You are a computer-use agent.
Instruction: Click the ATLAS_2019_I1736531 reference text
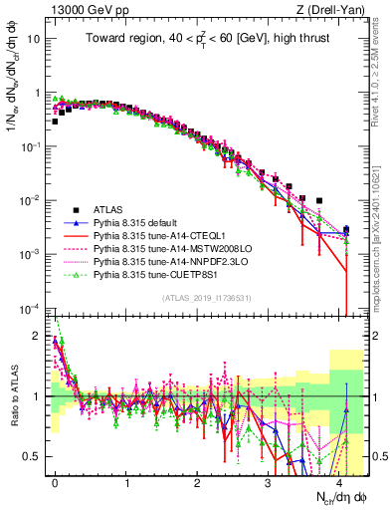200,298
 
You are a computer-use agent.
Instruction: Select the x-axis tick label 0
55,482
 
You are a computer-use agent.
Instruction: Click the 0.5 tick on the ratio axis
38,456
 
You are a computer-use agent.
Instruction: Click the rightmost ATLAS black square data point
346,229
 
